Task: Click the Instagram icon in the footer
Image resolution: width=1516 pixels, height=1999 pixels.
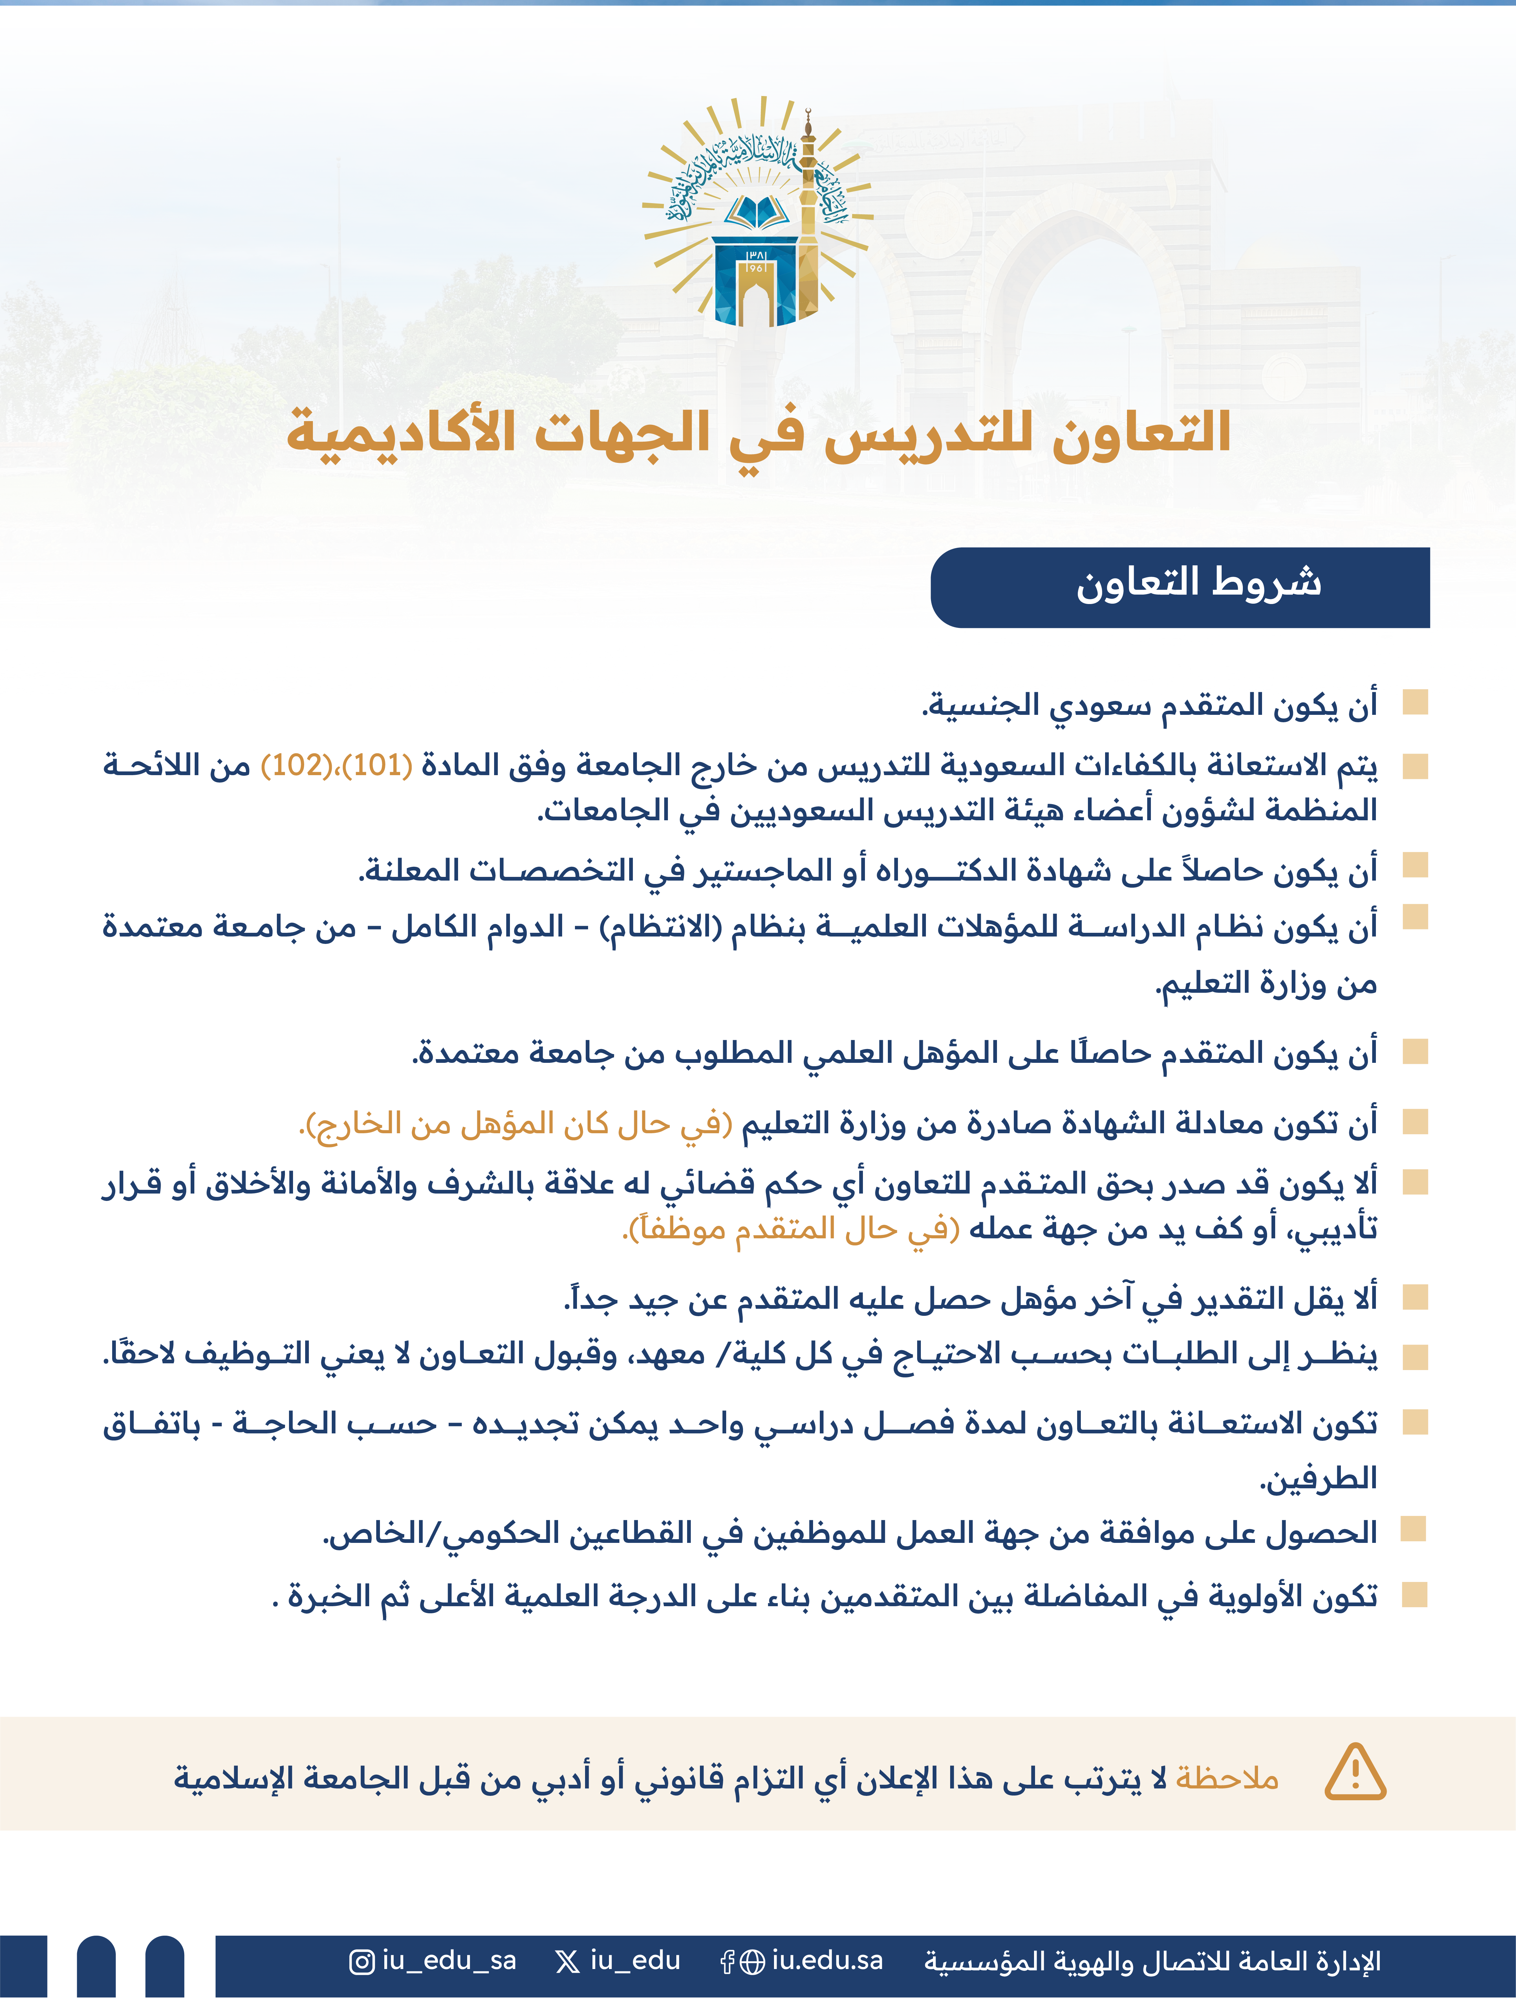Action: pos(361,1962)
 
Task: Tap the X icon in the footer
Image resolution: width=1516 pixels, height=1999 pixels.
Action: pos(568,1962)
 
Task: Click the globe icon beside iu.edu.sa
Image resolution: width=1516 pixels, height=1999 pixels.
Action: pos(752,1962)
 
